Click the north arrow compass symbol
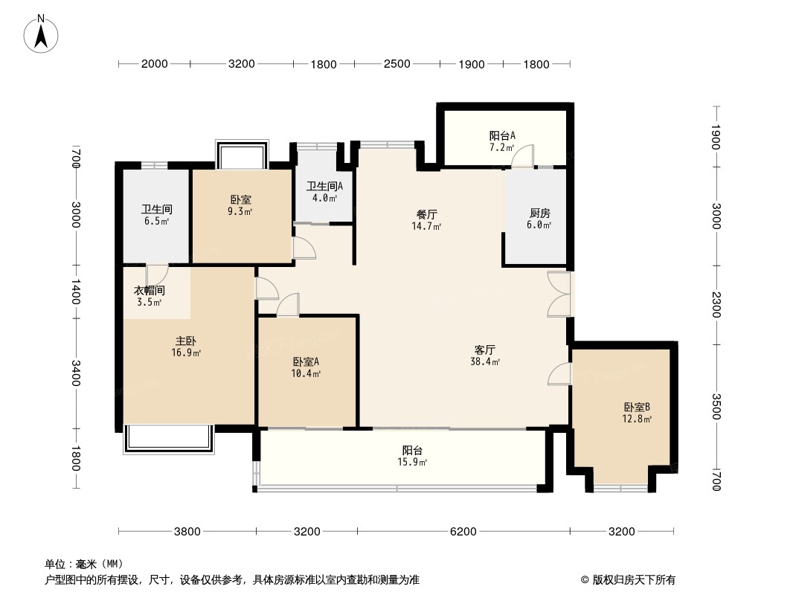point(41,33)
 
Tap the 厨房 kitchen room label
point(539,213)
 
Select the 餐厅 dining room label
point(427,214)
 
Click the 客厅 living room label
point(485,350)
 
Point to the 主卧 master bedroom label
point(186,341)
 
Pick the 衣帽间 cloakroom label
point(150,291)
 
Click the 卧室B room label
point(637,407)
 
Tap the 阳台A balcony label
point(502,135)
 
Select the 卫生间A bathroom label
point(324,186)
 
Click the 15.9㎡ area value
point(413,462)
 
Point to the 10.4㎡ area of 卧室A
point(306,373)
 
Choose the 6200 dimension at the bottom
point(463,531)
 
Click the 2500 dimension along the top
point(397,64)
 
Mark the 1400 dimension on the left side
point(75,292)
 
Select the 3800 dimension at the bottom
point(187,531)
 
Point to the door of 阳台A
point(522,155)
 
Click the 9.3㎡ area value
point(240,212)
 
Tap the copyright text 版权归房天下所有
point(634,580)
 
